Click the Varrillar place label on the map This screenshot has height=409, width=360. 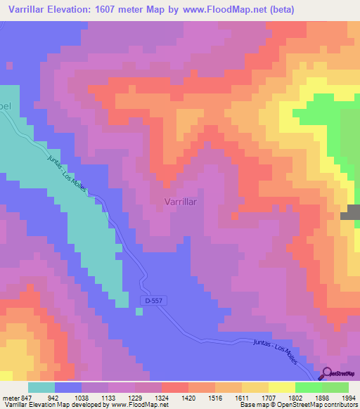[x=179, y=202]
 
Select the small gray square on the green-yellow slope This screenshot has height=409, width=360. [x=349, y=216]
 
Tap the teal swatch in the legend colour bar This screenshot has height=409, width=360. [x=41, y=387]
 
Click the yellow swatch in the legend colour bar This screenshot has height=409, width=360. [x=281, y=387]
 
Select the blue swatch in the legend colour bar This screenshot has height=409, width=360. [x=68, y=387]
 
